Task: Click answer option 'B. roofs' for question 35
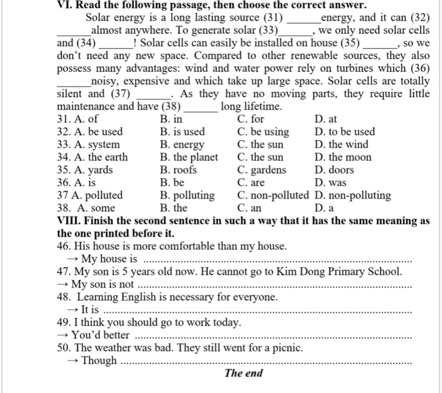tap(178, 170)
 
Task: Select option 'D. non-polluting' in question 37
tap(353, 195)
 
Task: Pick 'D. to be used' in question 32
tap(345, 132)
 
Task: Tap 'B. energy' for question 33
tap(182, 144)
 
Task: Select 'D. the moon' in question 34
tap(343, 157)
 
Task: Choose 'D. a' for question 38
tap(324, 208)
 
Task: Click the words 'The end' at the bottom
tap(243, 373)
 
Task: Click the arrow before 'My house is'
tap(73, 259)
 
